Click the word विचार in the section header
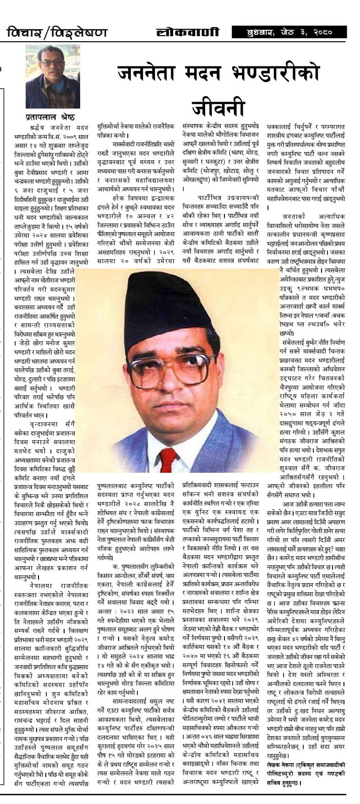coord(23,33)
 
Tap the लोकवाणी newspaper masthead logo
coord(187,32)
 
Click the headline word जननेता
coord(151,73)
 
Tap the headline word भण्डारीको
coord(286,73)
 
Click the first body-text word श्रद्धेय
coord(35,126)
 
